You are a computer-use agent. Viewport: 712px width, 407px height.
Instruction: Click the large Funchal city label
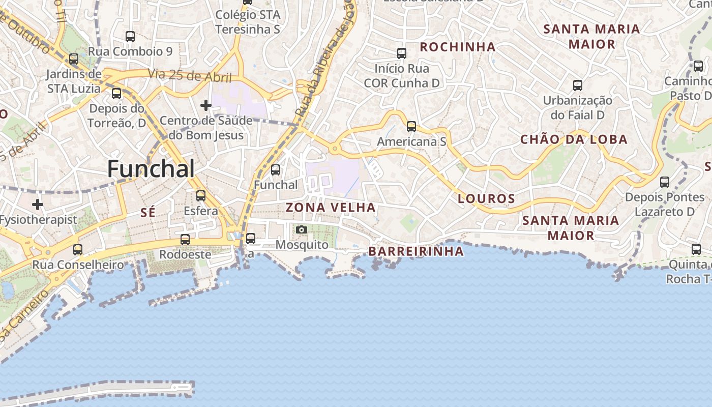(x=151, y=169)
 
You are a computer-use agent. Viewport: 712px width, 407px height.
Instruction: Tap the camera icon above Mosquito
(x=302, y=230)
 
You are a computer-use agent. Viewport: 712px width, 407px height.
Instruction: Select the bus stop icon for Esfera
(x=201, y=196)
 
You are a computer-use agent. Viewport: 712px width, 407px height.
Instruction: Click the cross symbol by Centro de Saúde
(x=206, y=105)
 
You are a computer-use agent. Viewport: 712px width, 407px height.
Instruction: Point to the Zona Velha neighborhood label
(x=331, y=208)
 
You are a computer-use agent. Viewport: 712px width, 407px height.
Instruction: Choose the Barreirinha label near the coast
(x=416, y=251)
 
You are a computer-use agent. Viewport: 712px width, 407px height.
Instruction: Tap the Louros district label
(x=487, y=199)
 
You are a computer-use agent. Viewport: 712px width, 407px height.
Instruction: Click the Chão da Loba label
(x=574, y=139)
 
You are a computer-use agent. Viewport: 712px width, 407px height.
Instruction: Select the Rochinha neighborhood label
(x=458, y=47)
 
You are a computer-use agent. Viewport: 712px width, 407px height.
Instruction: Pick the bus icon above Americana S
(x=411, y=127)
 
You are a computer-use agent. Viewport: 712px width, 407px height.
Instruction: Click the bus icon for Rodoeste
(x=185, y=240)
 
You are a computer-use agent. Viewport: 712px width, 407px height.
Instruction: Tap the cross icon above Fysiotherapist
(x=38, y=205)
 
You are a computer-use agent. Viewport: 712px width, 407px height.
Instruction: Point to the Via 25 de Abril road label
(x=190, y=76)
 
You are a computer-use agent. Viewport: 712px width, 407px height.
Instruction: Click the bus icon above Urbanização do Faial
(x=578, y=85)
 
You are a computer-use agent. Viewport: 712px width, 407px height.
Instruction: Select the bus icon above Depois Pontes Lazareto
(x=665, y=182)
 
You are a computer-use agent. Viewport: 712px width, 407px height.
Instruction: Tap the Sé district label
(x=147, y=213)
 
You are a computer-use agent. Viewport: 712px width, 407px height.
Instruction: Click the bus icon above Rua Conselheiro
(x=78, y=250)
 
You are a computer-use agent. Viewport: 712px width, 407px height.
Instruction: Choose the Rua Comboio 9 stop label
(x=130, y=51)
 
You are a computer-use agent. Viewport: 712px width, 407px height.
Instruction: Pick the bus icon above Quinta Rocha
(x=696, y=249)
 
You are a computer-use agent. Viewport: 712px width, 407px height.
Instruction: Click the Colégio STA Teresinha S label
(x=248, y=22)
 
